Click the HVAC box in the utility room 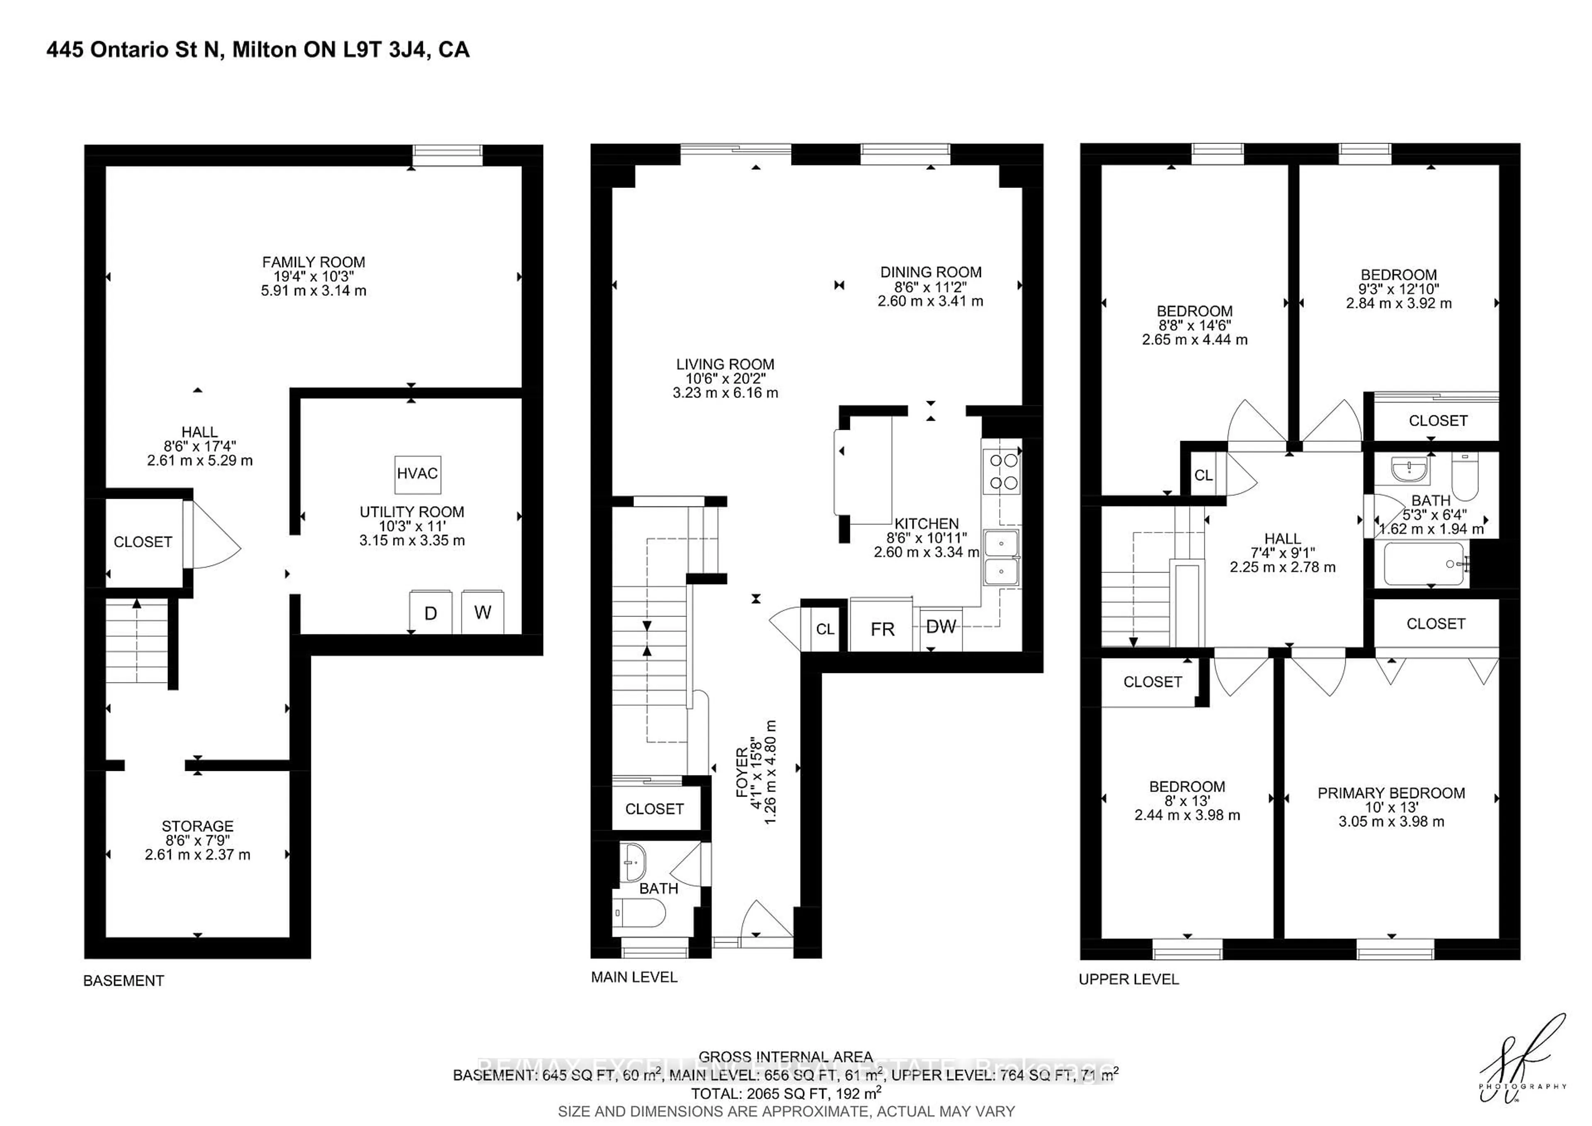[417, 474]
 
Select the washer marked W [483, 612]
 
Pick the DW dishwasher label [941, 626]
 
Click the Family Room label [313, 262]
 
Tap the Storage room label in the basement [198, 826]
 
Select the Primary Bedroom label [1391, 793]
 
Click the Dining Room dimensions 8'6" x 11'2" [930, 287]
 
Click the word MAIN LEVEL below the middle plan [634, 977]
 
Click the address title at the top [258, 50]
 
